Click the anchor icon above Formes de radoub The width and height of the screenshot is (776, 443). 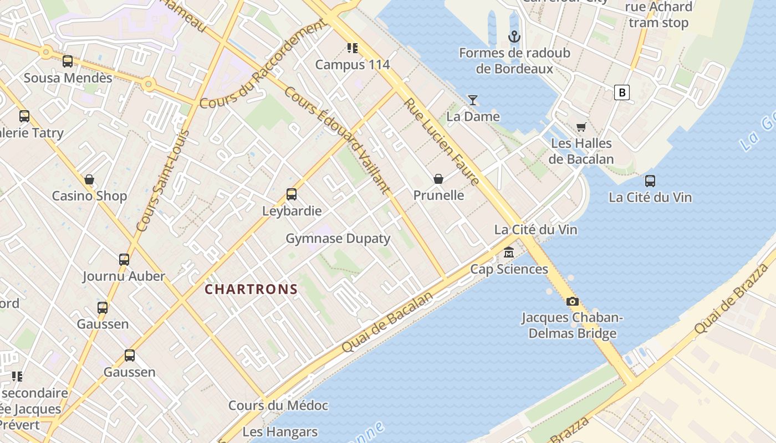[x=514, y=37]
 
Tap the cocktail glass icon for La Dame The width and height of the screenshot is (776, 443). [x=473, y=100]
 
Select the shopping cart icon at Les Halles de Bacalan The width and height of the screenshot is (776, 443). [x=581, y=127]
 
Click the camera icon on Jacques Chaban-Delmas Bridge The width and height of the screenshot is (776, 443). [x=572, y=302]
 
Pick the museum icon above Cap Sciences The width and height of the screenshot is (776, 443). [x=508, y=253]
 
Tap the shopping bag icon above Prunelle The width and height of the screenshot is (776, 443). [x=438, y=179]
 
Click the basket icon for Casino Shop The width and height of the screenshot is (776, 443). [x=89, y=180]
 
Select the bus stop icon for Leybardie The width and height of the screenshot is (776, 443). [x=292, y=194]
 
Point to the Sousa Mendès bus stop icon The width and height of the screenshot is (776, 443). [x=68, y=61]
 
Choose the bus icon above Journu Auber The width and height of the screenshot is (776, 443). [x=124, y=260]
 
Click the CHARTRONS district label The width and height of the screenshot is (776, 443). [x=251, y=289]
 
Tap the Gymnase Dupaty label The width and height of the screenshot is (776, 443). [x=338, y=239]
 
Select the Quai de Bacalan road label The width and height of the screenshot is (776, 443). [x=386, y=322]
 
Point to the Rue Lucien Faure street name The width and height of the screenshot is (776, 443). [x=441, y=142]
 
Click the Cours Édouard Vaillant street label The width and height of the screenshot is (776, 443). [x=336, y=140]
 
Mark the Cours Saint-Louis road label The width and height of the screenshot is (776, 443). [x=162, y=181]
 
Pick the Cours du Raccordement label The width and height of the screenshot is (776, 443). [x=262, y=65]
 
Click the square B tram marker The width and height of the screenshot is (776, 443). [x=622, y=92]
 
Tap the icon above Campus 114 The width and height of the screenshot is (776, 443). [x=352, y=49]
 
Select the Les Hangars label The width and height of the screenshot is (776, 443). [x=280, y=432]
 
